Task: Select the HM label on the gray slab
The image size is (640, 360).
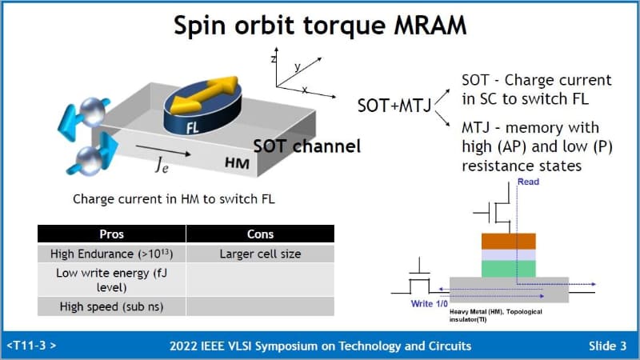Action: pos(237,162)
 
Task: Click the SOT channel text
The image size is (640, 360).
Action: pos(307,146)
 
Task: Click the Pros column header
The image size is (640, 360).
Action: pos(111,234)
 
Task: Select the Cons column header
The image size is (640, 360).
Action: pos(260,234)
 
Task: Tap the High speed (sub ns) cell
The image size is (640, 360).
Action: pos(111,306)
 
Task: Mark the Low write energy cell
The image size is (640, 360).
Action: pos(111,279)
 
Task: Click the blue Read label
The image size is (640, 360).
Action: pos(528,182)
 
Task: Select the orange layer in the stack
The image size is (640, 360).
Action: pos(508,242)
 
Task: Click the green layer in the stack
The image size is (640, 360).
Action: pos(508,267)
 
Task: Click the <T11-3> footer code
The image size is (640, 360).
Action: pos(31,346)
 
